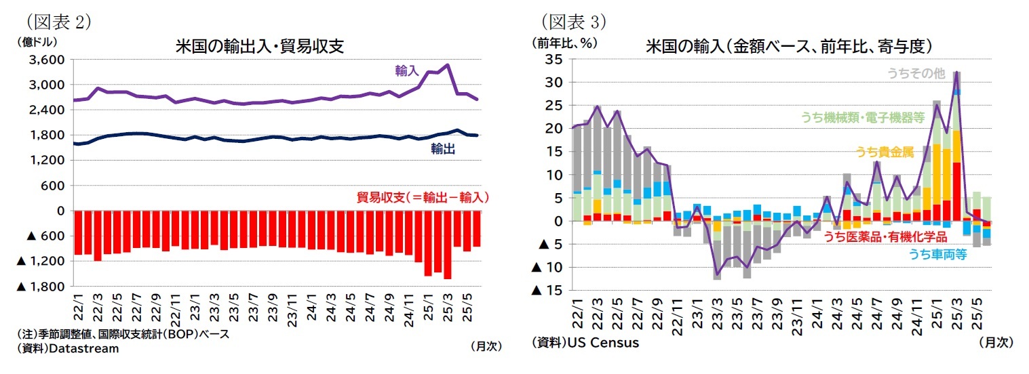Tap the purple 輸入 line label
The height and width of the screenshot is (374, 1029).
click(x=407, y=70)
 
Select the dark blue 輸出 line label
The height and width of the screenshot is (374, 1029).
click(x=442, y=148)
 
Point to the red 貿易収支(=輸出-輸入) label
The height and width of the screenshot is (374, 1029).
click(x=422, y=197)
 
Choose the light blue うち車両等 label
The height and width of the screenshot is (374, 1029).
click(x=937, y=254)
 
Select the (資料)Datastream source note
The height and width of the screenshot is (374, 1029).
click(x=67, y=348)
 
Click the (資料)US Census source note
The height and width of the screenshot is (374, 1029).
click(x=585, y=343)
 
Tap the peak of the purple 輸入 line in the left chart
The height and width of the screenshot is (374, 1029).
click(x=446, y=66)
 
